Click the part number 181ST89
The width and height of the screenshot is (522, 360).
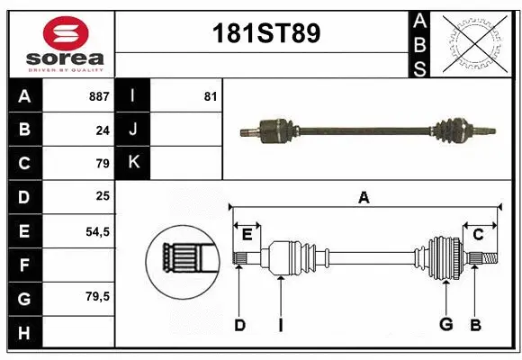pyautogui.click(x=264, y=33)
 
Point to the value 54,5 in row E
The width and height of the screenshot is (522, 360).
pyautogui.click(x=97, y=231)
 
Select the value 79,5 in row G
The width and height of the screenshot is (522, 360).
pyautogui.click(x=97, y=296)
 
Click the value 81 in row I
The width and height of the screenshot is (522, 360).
pyautogui.click(x=210, y=95)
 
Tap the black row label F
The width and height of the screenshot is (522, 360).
pyautogui.click(x=23, y=265)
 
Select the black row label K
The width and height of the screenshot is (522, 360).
pyautogui.click(x=133, y=163)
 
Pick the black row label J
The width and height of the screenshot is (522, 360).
pyautogui.click(x=133, y=130)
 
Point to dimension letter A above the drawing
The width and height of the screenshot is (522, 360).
pyautogui.click(x=364, y=197)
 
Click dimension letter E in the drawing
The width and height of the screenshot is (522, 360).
pyautogui.click(x=247, y=234)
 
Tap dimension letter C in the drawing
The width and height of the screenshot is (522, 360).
pyautogui.click(x=478, y=234)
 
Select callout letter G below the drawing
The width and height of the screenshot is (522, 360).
pyautogui.click(x=445, y=325)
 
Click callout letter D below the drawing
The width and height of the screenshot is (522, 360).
pyautogui.click(x=239, y=325)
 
